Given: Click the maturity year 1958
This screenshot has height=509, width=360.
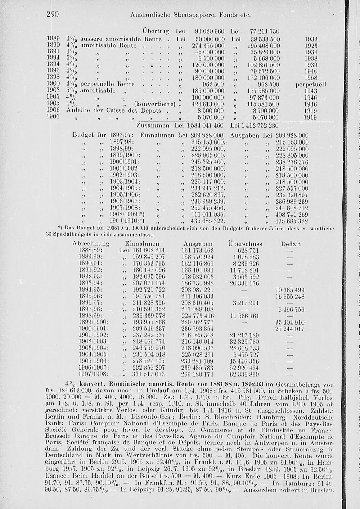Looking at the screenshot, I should click(310, 78).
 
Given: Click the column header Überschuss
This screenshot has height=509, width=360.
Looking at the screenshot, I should click(245, 244).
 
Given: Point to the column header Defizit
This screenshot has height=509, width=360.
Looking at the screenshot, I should click(290, 244).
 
